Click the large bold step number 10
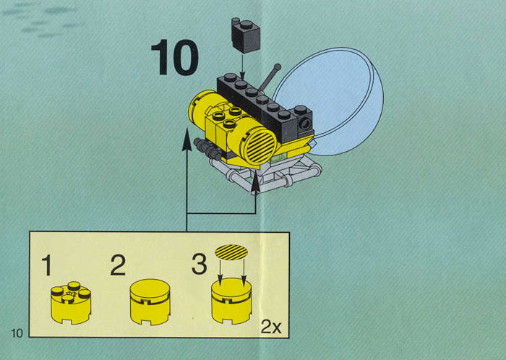tap(174, 58)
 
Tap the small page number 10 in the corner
tap(17, 333)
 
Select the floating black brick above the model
tap(246, 35)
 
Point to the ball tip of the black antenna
tap(277, 67)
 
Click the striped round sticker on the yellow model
tap(260, 145)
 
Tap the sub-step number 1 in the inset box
tap(48, 265)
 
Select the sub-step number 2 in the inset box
tap(118, 265)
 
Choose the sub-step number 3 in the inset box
tap(200, 264)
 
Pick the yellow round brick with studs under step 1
tap(71, 303)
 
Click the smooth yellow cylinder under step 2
tap(150, 302)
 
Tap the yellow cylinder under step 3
tap(231, 301)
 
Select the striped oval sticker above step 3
tap(231, 252)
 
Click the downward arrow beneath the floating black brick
tap(242, 67)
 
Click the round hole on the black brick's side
tap(304, 123)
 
